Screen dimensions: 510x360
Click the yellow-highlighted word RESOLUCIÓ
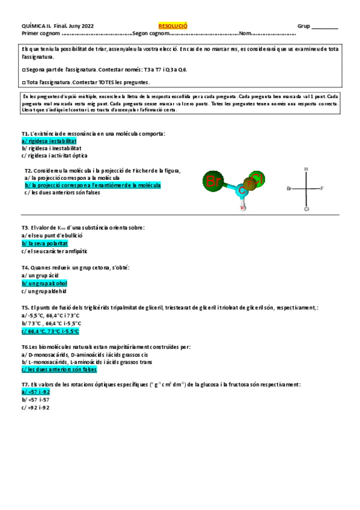173,26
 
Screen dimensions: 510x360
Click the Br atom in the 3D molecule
213,180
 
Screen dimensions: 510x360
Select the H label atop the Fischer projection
306,169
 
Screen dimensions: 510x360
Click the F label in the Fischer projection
322,189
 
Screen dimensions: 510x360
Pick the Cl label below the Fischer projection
306,210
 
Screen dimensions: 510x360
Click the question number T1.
25,133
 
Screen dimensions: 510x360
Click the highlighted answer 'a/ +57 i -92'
36,392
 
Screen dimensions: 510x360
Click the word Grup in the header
304,26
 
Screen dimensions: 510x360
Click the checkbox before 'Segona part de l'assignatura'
23,70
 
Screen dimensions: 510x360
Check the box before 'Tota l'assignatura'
23,82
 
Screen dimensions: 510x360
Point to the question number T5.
25,307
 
